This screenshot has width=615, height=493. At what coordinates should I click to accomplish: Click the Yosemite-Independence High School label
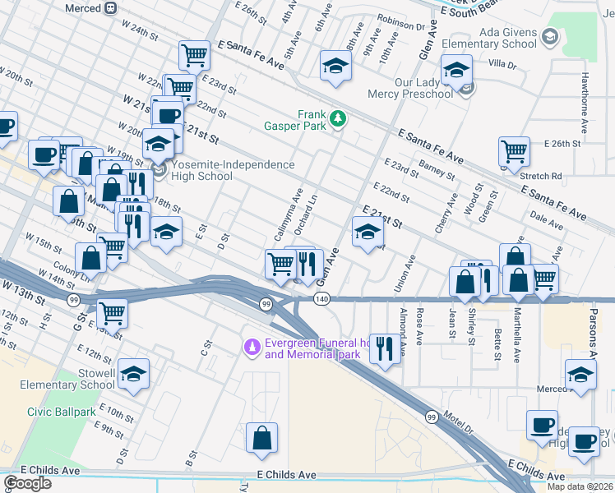[233, 170]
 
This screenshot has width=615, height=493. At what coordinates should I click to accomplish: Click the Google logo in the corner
[27, 482]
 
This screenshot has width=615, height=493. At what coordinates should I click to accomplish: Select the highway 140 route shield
[321, 300]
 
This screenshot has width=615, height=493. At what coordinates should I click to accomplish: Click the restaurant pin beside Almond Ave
[384, 347]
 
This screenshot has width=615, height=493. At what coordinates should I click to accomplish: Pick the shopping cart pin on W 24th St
[194, 56]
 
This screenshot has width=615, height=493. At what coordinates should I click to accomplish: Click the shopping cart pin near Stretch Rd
[514, 150]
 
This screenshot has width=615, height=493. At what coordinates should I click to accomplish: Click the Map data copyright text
[580, 486]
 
